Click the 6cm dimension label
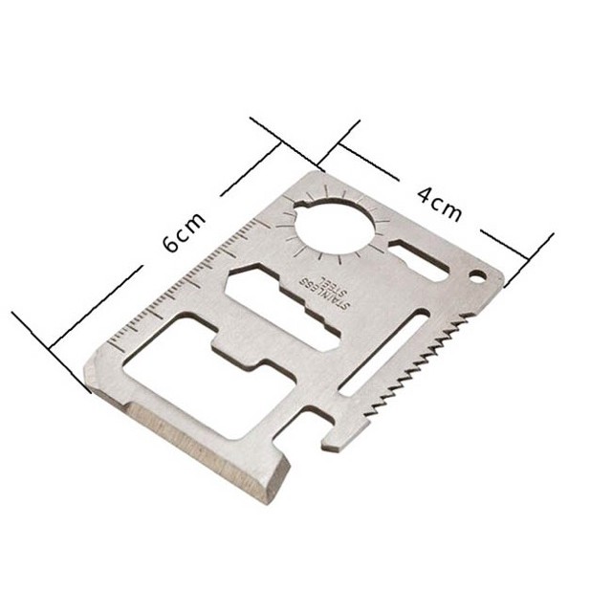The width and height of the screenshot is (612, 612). click(x=184, y=232)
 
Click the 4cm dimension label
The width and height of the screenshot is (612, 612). click(x=440, y=205)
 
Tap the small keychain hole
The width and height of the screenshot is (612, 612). click(x=477, y=274)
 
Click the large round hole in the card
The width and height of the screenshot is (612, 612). click(x=336, y=227)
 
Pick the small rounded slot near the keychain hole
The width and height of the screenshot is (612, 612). click(x=419, y=260)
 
